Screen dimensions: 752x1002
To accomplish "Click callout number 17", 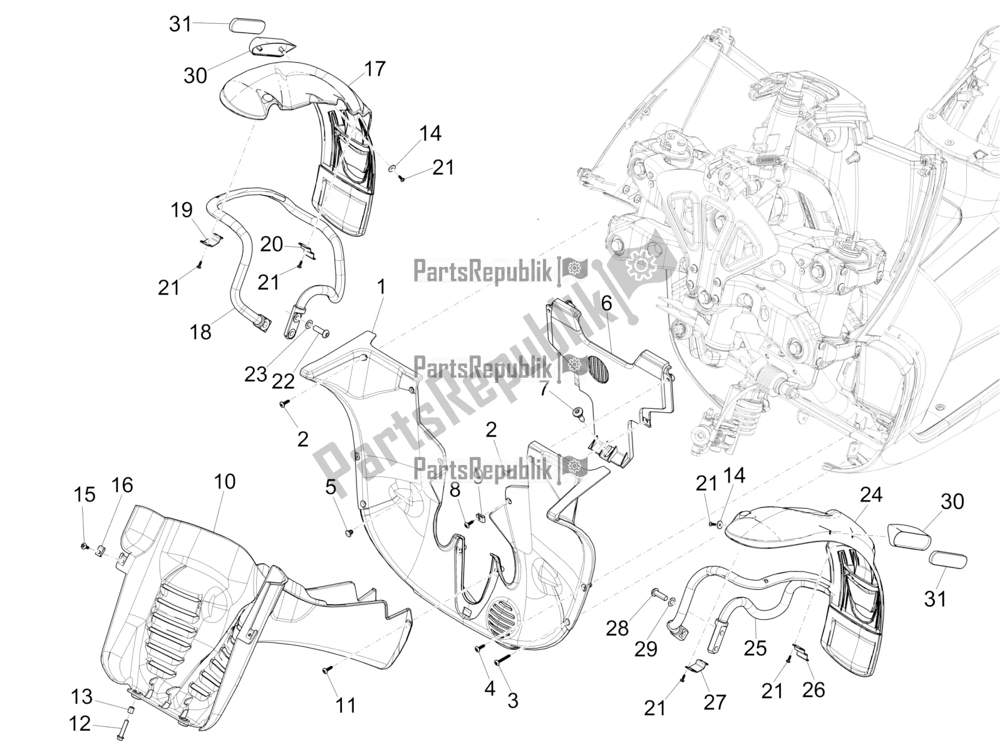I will (x=375, y=69).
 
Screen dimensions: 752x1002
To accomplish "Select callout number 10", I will (x=225, y=482).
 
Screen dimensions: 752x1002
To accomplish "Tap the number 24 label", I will (x=870, y=495).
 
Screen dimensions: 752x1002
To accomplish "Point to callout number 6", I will (x=606, y=303).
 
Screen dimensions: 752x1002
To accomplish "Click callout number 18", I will (x=201, y=332).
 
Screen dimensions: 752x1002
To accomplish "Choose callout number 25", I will (x=755, y=648).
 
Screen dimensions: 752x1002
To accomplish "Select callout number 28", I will (x=617, y=627).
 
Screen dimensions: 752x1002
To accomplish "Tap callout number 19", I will (x=182, y=210).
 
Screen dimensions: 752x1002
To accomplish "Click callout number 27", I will (x=715, y=702).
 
